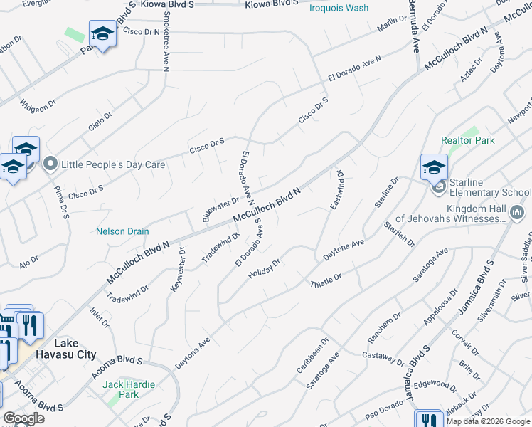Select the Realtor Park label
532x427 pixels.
coord(467,140)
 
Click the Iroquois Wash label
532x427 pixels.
coord(339,8)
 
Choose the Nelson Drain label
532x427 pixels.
coord(122,231)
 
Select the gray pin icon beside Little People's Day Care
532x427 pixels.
coord(50,164)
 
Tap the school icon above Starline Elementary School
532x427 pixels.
coord(434,168)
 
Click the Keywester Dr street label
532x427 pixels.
coord(177,270)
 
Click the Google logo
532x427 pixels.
coord(23,418)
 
